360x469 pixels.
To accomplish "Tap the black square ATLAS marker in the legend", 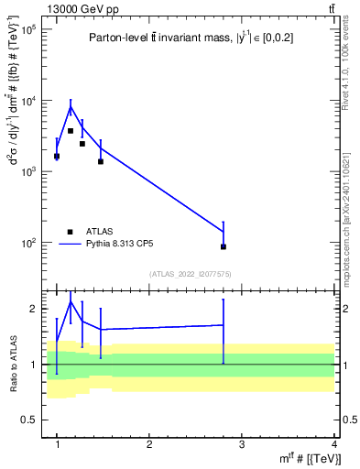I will point(70,232).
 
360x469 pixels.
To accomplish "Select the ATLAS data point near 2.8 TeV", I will point(224,246).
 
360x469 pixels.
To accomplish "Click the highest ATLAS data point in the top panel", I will point(71,131).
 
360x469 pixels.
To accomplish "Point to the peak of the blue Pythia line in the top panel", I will point(71,107).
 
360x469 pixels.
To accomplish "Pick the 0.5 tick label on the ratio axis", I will point(29,420).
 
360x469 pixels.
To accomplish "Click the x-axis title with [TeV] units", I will point(311,459).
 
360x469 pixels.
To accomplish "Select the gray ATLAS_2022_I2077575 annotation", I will point(191,274).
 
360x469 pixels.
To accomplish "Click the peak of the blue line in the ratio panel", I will point(71,301).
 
